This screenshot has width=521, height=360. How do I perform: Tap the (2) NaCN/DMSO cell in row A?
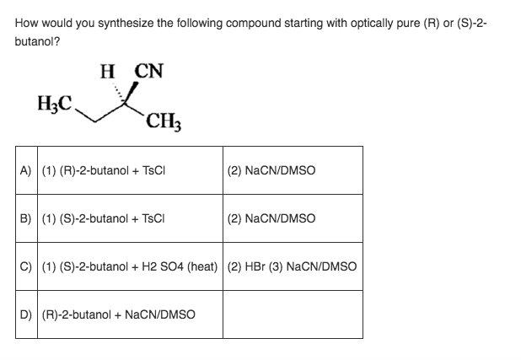tap(271, 169)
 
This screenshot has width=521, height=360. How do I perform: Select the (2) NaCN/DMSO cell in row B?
tap(271, 218)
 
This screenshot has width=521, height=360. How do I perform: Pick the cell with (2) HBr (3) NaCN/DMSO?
tap(292, 266)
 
